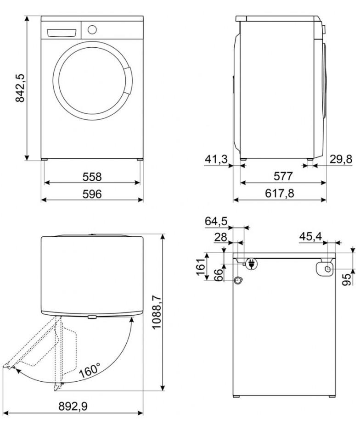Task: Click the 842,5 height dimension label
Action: (x=20, y=88)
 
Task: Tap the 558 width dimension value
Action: (x=92, y=177)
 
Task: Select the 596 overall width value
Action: (x=92, y=194)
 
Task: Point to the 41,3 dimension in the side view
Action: (x=216, y=159)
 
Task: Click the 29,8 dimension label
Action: (x=341, y=159)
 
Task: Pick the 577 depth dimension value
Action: (x=283, y=176)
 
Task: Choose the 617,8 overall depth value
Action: (x=280, y=194)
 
